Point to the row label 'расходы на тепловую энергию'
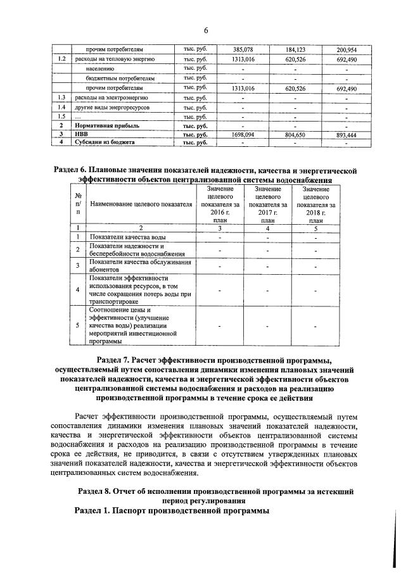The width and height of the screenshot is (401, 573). pos(115,59)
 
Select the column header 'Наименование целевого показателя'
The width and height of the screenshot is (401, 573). pos(141,205)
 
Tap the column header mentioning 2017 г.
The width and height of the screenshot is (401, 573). pos(267,205)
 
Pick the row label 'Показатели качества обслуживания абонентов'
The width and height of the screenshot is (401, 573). pos(140,265)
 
